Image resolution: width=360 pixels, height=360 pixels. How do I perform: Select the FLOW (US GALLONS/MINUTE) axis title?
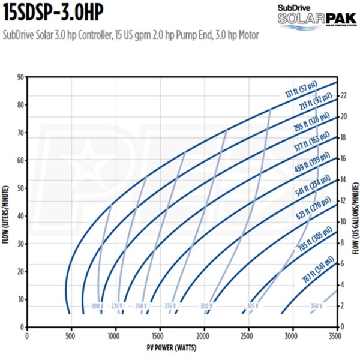click(355, 202)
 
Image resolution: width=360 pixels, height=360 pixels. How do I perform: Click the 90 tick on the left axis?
click(21, 77)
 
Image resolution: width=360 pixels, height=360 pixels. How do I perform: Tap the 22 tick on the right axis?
click(344, 95)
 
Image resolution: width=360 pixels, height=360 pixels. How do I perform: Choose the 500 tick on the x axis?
click(71, 337)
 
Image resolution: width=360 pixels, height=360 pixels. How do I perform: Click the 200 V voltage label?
click(97, 306)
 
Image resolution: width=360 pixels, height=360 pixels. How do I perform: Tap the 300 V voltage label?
click(206, 306)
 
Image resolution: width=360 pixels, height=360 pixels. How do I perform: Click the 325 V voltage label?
click(253, 306)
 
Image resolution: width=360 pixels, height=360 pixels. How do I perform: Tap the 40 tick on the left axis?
click(21, 216)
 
